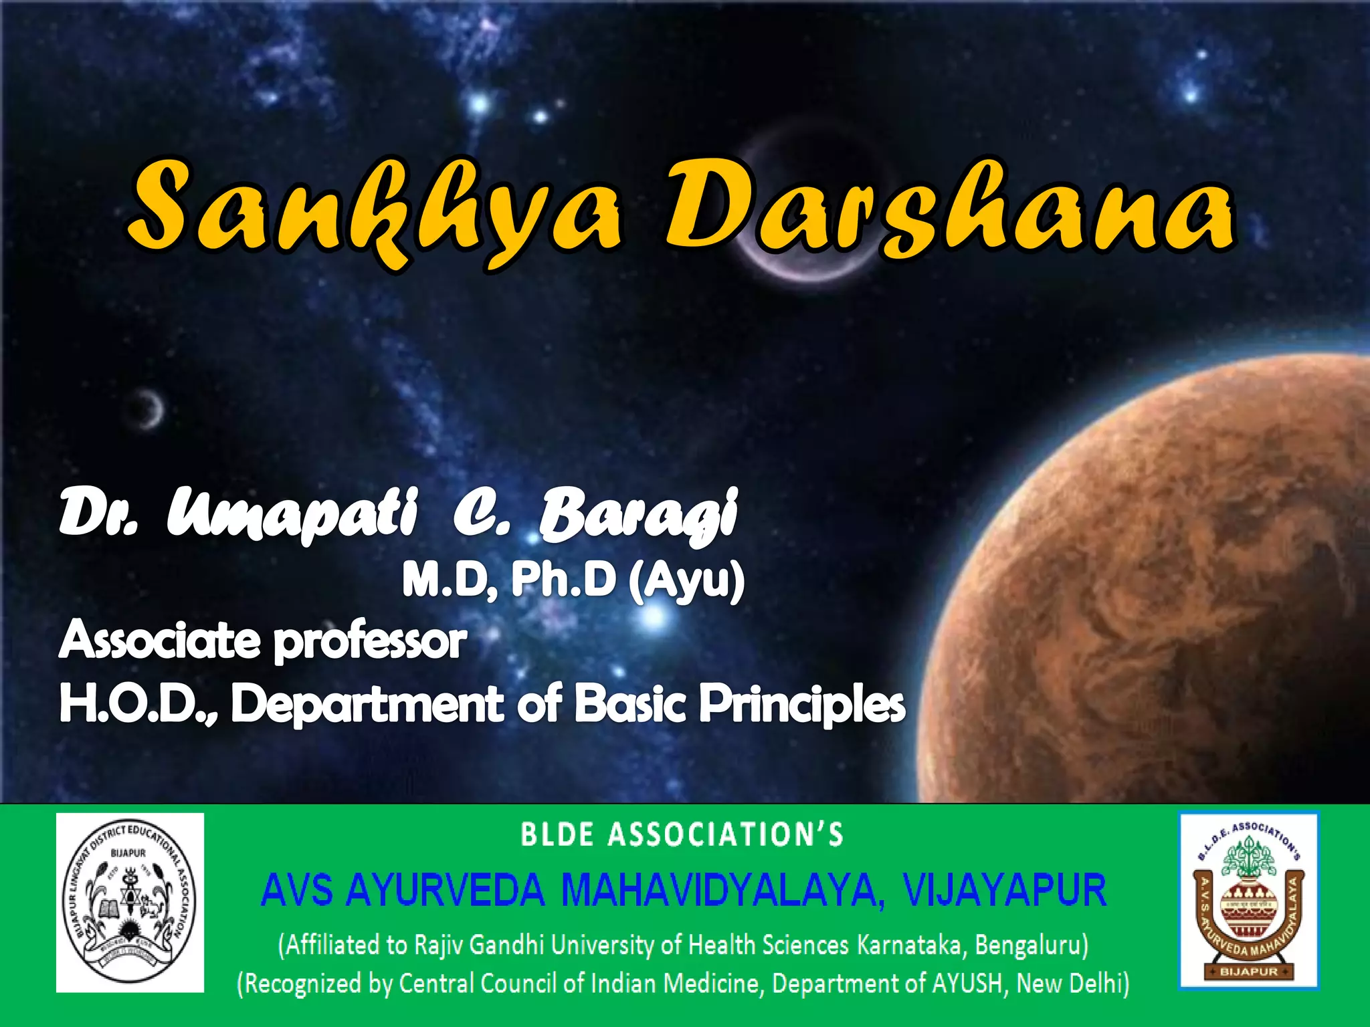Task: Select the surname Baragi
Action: [639, 515]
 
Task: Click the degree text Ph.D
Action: [563, 579]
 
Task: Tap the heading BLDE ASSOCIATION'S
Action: [682, 835]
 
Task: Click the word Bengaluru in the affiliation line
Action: [1031, 945]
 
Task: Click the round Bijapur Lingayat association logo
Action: [130, 902]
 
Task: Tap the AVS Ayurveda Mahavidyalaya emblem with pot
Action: [1248, 900]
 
